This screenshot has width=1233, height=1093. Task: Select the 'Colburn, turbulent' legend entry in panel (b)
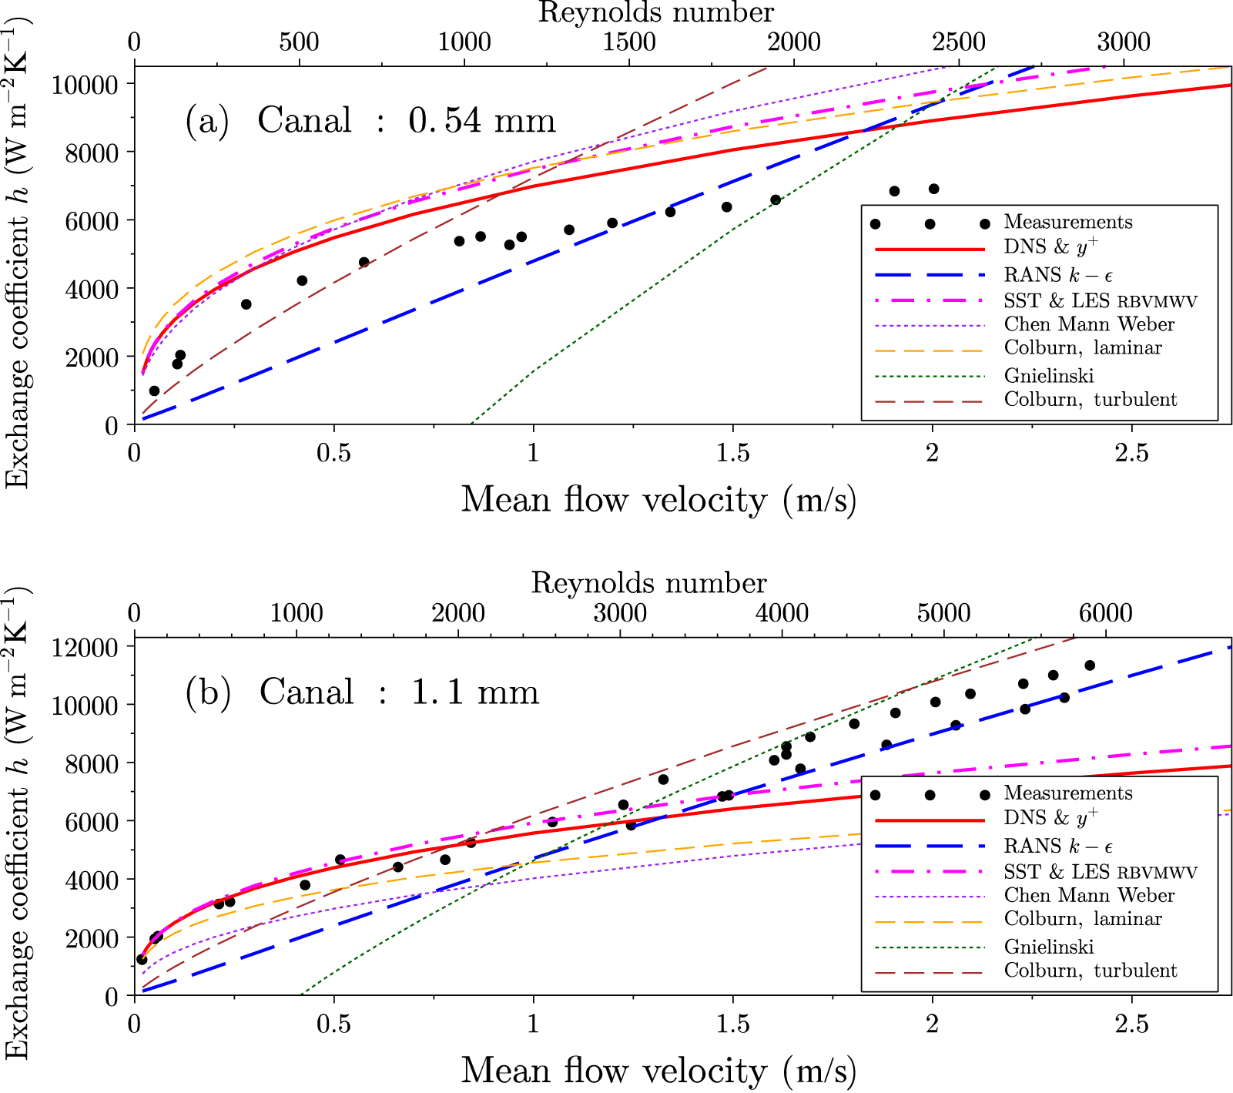point(1090,971)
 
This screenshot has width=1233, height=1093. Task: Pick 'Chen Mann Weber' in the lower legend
point(1089,895)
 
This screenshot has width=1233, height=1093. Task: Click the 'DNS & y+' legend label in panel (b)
point(1050,817)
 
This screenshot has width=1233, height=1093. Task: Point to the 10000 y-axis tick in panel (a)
point(84,84)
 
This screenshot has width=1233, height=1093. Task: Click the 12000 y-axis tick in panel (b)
point(84,647)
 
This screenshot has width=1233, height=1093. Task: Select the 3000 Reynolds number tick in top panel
point(1124,42)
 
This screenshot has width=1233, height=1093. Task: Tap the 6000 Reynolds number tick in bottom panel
point(1105,613)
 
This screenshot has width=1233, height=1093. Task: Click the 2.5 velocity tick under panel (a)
point(1131,453)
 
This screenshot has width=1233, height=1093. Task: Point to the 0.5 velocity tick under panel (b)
point(333,1024)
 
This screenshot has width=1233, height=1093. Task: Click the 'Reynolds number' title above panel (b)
point(648,583)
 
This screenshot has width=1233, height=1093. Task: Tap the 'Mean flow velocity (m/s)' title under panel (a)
point(658,500)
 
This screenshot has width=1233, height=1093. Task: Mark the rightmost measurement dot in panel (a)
point(933,189)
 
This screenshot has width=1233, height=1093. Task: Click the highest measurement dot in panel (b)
point(1090,666)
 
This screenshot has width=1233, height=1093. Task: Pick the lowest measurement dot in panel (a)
point(154,391)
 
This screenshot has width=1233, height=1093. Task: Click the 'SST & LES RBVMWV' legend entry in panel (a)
point(1100,300)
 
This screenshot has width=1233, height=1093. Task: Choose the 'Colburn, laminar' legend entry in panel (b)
point(1082,919)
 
